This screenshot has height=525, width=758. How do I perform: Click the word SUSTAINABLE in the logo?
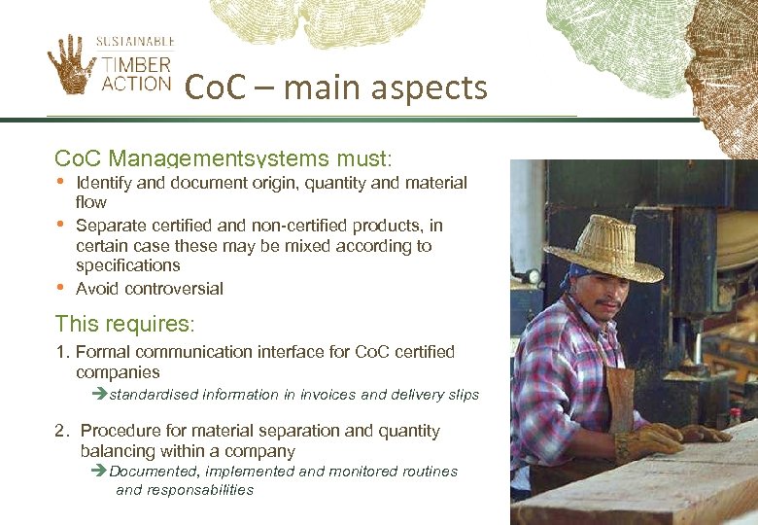[135, 42]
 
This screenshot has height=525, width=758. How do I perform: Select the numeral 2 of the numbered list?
[60, 431]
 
